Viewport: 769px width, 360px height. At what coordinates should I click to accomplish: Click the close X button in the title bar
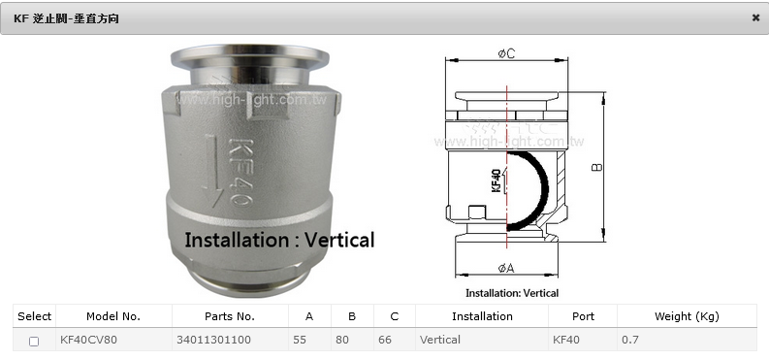pyautogui.click(x=755, y=17)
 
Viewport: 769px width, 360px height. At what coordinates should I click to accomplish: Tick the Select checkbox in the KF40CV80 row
pyautogui.click(x=34, y=342)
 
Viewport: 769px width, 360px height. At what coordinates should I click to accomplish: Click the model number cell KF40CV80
pyautogui.click(x=89, y=340)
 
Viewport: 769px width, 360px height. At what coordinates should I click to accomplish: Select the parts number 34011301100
pyautogui.click(x=213, y=340)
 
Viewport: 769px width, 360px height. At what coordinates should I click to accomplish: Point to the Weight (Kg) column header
pyautogui.click(x=687, y=316)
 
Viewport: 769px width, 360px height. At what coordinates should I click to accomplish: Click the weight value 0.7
pyautogui.click(x=630, y=340)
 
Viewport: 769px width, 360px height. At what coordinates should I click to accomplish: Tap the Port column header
pyautogui.click(x=583, y=316)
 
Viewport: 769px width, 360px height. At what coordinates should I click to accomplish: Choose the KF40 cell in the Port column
pyautogui.click(x=566, y=340)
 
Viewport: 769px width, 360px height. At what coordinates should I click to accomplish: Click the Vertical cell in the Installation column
pyautogui.click(x=440, y=340)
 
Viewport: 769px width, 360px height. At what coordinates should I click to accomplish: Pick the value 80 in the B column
pyautogui.click(x=342, y=340)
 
